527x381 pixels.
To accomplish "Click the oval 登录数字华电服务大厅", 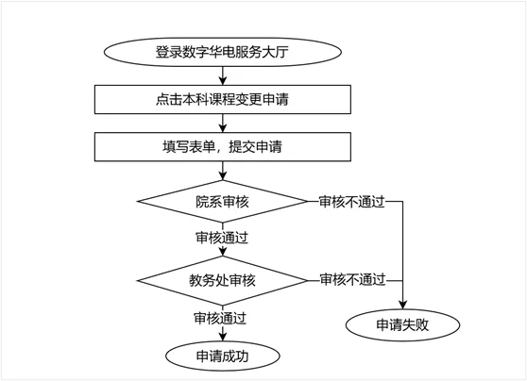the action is coord(223,52).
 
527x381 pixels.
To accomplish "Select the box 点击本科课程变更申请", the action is coord(223,99).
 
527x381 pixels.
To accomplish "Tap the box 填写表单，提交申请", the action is coord(223,147).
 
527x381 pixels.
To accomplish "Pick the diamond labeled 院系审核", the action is coord(223,202).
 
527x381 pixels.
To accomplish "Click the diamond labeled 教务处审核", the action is coord(223,280).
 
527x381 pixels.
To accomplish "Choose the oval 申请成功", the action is coord(223,356).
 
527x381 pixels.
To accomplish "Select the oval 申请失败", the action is coord(402,325).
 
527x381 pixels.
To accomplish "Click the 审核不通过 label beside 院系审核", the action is coord(351,202).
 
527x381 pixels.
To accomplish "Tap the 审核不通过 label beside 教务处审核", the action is coord(352,280).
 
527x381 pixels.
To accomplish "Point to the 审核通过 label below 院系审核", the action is coord(222,238).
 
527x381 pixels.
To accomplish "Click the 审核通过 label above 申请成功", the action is coord(220,318).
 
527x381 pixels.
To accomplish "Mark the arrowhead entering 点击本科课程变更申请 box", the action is coord(223,81).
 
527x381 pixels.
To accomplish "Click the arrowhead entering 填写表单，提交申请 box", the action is coord(223,128).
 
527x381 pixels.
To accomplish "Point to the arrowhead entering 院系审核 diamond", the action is coord(223,176).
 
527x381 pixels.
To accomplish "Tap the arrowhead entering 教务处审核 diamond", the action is coord(223,252).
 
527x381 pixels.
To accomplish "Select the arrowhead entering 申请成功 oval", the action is coord(223,338).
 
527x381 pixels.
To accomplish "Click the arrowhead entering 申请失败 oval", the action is coord(402,306).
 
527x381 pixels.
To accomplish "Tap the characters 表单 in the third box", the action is coord(202,147).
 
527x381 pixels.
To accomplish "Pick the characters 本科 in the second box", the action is coord(195,99).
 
